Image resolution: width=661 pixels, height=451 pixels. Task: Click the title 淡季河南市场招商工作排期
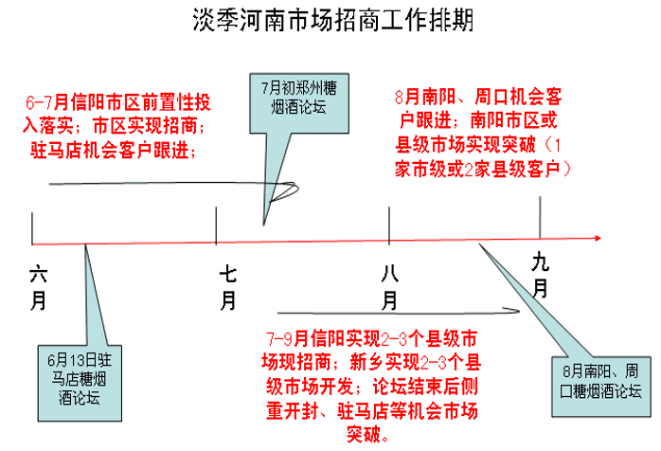pyautogui.click(x=330, y=22)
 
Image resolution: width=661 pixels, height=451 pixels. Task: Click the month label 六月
pyautogui.click(x=39, y=288)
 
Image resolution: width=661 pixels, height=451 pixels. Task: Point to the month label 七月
pyautogui.click(x=228, y=288)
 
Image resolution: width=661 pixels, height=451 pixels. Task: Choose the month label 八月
pyautogui.click(x=390, y=288)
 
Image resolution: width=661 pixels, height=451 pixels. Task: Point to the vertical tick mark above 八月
pyautogui.click(x=390, y=225)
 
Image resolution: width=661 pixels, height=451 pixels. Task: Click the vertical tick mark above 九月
pyautogui.click(x=540, y=217)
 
